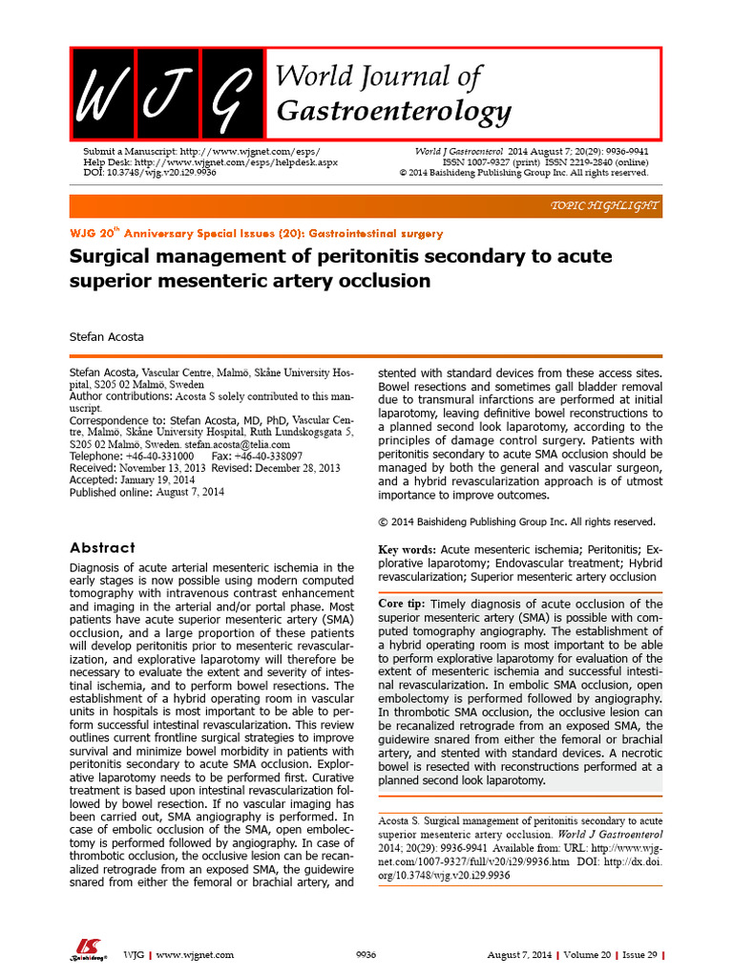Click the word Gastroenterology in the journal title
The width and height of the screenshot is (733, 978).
coord(393,113)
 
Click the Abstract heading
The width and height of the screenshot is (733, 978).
coord(102,547)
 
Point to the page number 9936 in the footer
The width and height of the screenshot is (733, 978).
coord(366,954)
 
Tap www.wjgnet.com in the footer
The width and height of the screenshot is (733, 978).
coord(195,954)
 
